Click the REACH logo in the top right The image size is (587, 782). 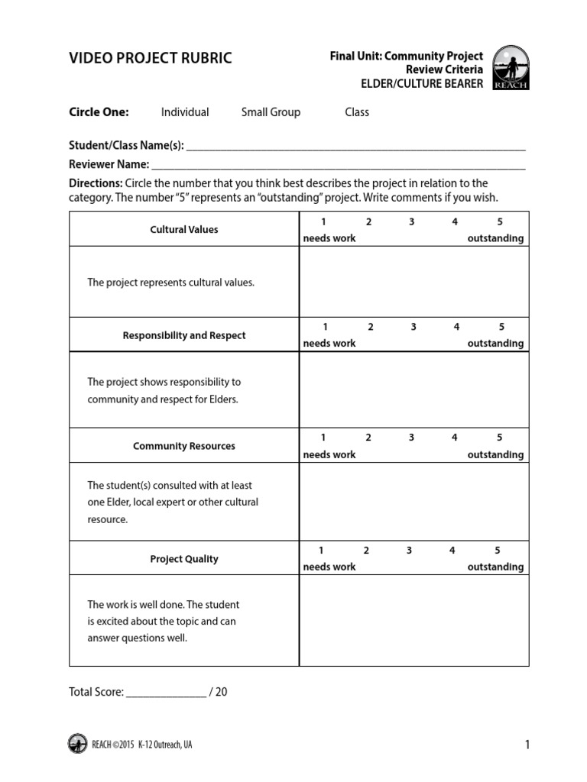tap(511, 67)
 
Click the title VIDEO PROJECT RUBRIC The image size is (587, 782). tap(151, 59)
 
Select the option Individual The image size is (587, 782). tap(185, 112)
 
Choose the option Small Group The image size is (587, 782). tap(271, 112)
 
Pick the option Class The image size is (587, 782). tap(357, 112)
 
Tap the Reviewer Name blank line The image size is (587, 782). tap(338, 164)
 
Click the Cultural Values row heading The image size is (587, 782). tap(184, 229)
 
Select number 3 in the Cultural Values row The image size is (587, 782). tap(411, 221)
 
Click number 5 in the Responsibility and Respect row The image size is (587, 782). tap(501, 327)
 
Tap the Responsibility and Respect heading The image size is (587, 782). tap(184, 335)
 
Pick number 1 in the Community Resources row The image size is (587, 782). tap(323, 438)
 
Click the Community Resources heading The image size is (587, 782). tap(184, 446)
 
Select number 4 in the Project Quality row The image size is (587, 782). tap(452, 550)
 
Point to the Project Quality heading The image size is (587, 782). tap(184, 559)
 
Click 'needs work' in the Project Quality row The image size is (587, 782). tap(329, 567)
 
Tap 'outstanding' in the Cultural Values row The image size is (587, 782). tap(495, 238)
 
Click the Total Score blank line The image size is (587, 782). tap(166, 693)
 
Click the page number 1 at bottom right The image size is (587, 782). tap(527, 745)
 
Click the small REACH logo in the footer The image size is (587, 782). tap(77, 744)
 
